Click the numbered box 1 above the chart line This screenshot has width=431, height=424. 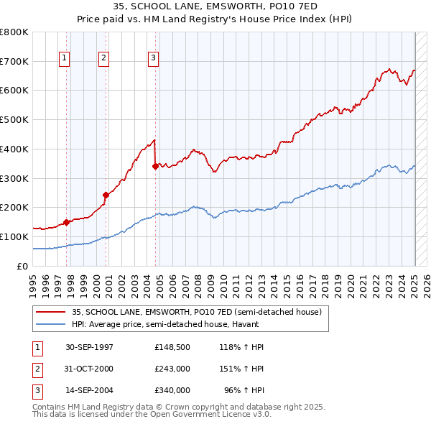coord(65,58)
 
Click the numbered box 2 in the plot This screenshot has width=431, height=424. coord(104,58)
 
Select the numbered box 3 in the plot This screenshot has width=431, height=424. coord(154,58)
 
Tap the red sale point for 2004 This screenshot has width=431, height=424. coord(155,166)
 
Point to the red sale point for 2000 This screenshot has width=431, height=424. coord(106,194)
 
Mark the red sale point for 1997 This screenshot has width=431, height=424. coord(66,222)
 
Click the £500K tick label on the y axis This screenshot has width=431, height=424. coord(14,119)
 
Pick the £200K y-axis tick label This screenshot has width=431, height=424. coord(14,207)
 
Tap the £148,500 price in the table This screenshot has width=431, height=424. coord(172,347)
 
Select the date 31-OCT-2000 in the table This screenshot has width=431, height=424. coord(89,369)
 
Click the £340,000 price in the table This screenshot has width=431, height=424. coord(172,390)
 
